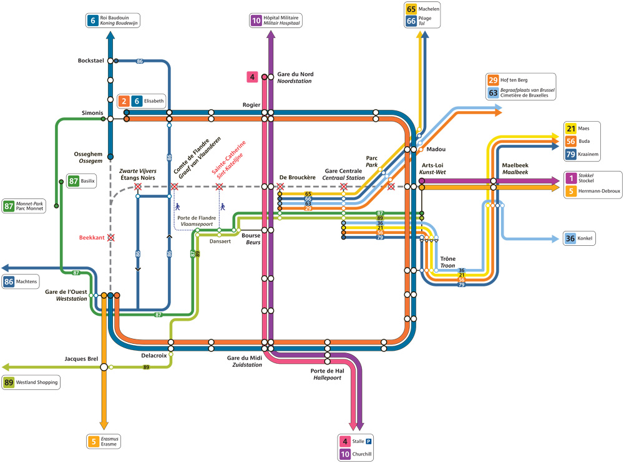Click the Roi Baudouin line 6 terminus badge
pos(112,21)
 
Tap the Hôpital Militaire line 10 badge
pos(276,21)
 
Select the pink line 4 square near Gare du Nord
pos(252,77)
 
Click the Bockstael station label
pos(90,61)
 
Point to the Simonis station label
pos(92,113)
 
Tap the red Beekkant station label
pos(92,238)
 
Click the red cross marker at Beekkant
pos(111,238)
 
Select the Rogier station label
pos(251,105)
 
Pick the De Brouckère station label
pos(297,178)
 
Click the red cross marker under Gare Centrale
pos(344,187)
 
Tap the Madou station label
pos(436,149)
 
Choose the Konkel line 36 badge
pos(579,238)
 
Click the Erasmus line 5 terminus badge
pos(104,442)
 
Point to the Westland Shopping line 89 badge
pos(31,383)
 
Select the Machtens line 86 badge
pos(21,281)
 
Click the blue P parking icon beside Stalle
pos(369,441)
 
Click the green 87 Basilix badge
pos(82,181)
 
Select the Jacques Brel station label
pos(81,359)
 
